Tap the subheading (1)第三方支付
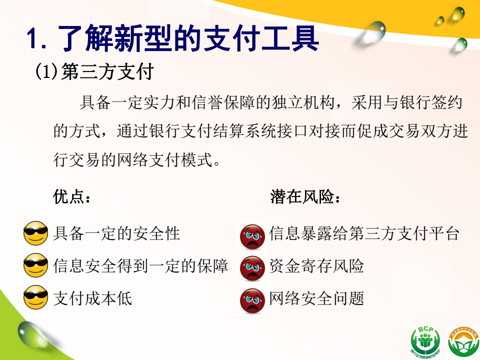(94, 72)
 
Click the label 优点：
(72, 196)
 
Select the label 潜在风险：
(305, 196)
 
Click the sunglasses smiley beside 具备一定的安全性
(36, 233)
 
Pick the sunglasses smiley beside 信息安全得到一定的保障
(36, 265)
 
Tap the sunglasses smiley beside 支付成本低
(36, 297)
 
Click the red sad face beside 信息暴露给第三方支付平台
(252, 236)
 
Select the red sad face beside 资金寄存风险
(252, 268)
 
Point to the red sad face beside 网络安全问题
(252, 300)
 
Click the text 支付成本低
(92, 298)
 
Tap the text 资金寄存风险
(316, 265)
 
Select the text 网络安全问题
(316, 298)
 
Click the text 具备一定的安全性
(116, 233)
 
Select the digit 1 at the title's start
(33, 39)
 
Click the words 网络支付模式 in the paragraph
(164, 160)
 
